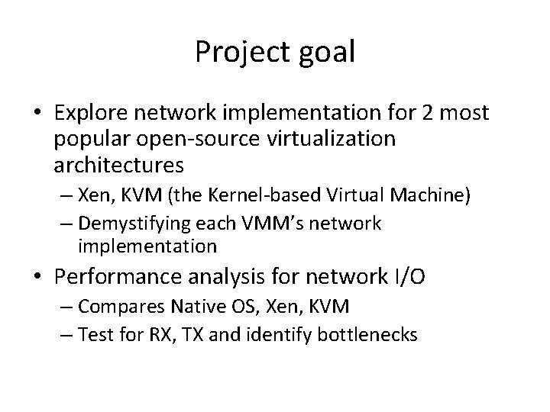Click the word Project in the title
click(x=240, y=51)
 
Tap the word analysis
click(x=228, y=277)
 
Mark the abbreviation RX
click(x=170, y=333)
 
